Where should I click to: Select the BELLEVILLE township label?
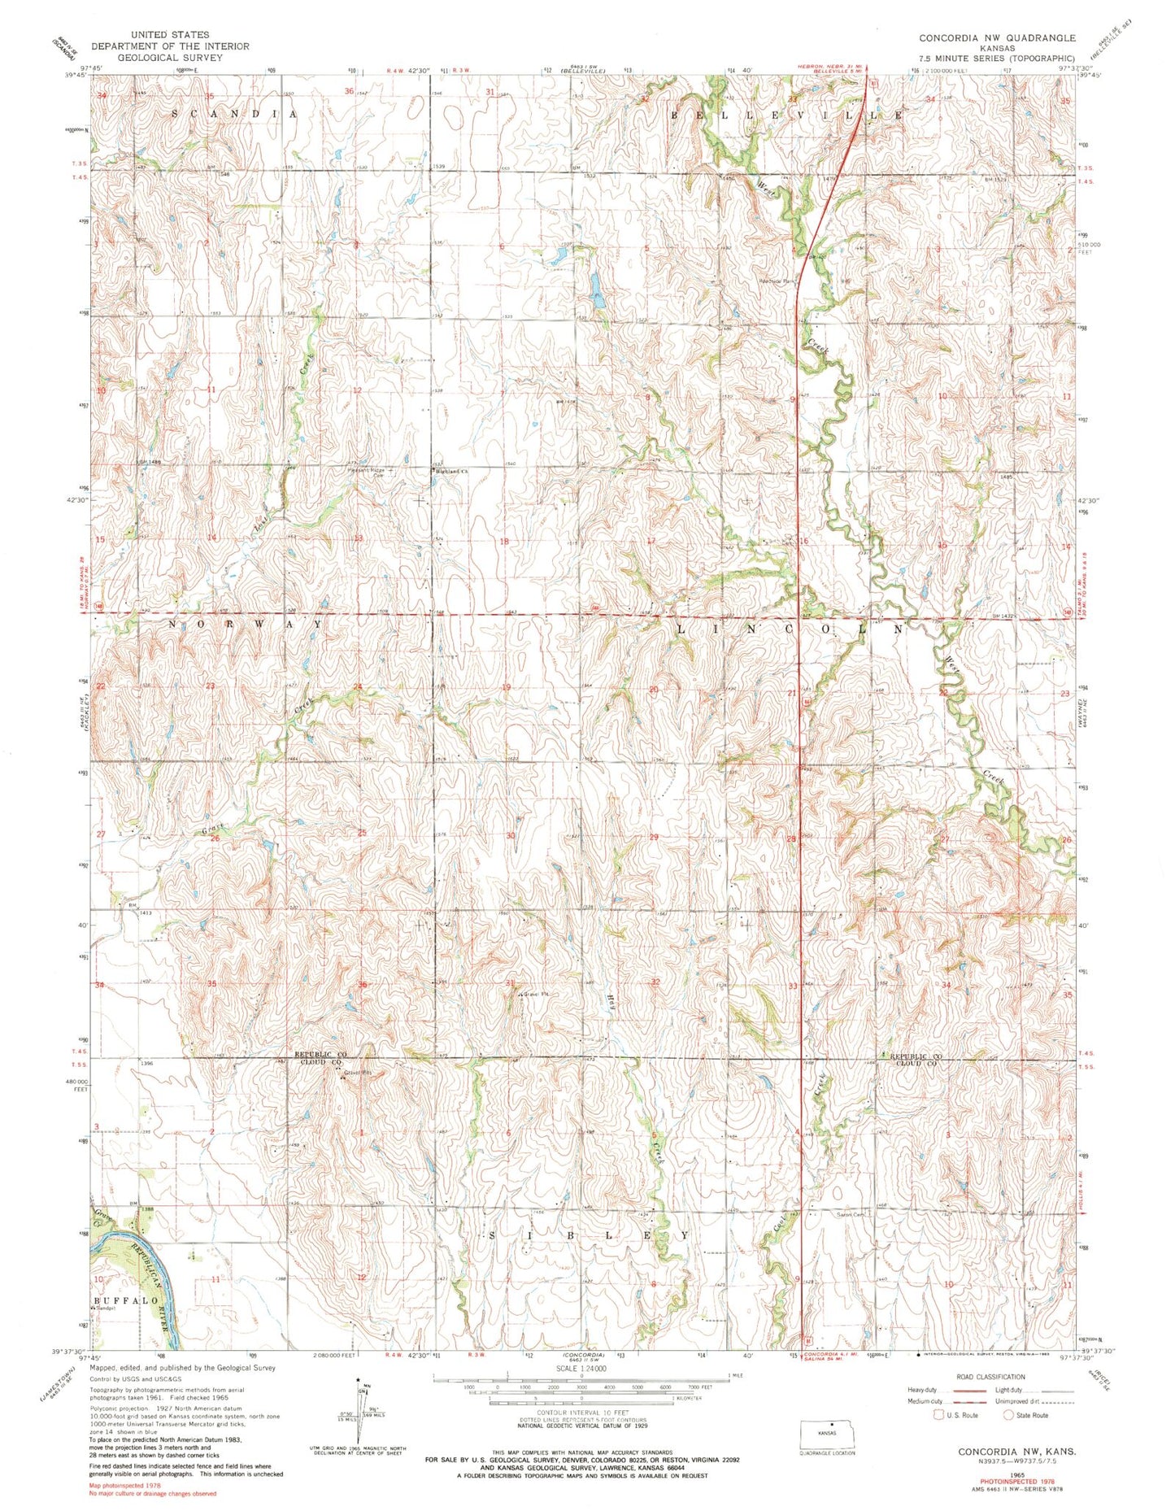tap(786, 116)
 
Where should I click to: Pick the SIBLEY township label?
tap(588, 1235)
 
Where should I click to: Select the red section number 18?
tap(503, 542)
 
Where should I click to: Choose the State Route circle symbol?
tap(1010, 1415)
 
